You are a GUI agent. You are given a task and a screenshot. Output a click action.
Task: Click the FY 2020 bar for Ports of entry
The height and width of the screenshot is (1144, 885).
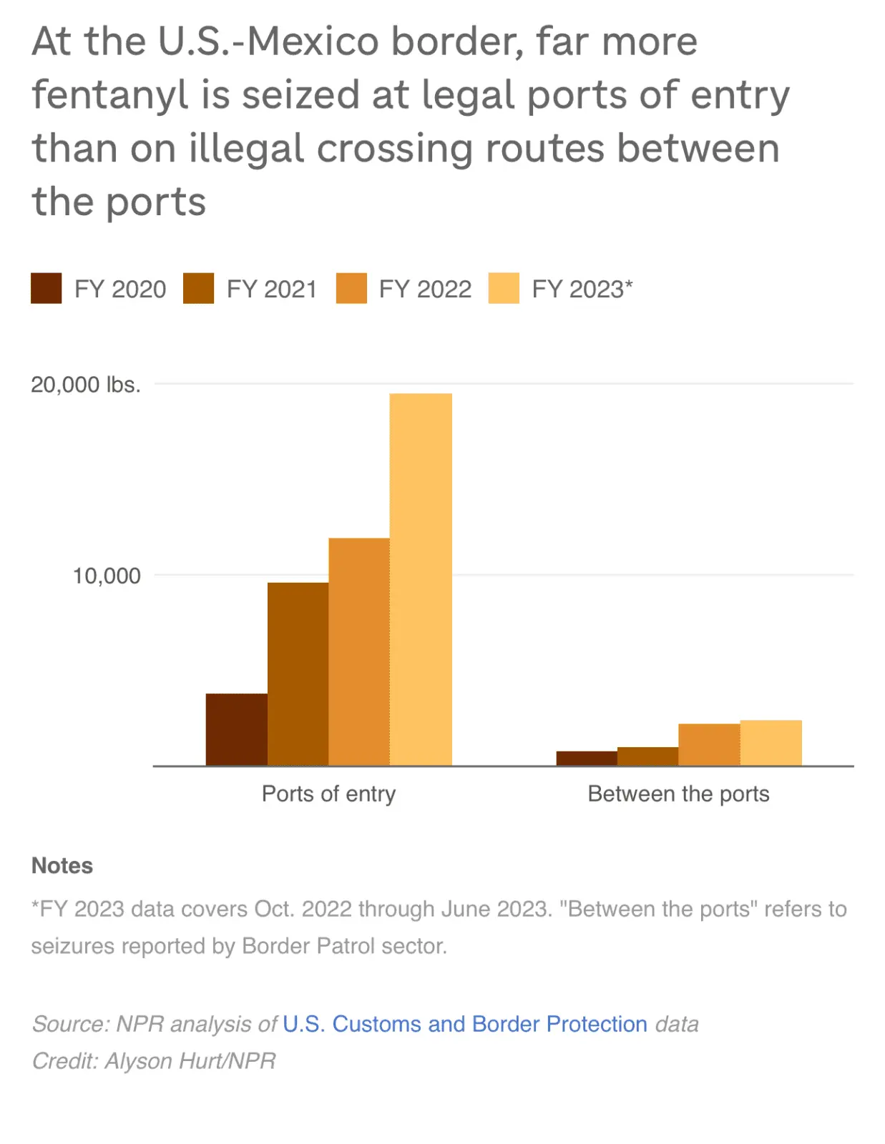(x=236, y=729)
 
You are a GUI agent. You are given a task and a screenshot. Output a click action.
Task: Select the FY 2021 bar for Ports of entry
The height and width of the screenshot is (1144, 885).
(x=298, y=674)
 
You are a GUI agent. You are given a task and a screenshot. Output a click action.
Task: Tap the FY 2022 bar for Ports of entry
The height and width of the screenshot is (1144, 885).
(x=359, y=651)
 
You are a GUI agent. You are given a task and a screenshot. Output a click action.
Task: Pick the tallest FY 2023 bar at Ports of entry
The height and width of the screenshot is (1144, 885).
(x=421, y=579)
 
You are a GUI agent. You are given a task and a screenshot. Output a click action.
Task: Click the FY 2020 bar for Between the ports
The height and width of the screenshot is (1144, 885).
(x=587, y=759)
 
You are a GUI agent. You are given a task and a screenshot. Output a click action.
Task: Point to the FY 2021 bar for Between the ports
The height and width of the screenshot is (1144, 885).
(x=647, y=756)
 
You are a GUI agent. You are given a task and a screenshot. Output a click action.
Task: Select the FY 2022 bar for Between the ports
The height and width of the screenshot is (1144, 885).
(x=709, y=744)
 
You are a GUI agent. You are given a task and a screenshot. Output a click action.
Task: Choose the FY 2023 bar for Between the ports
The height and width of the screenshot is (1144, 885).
(x=771, y=743)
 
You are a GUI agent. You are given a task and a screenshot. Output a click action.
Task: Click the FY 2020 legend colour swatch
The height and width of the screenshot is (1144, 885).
(x=47, y=288)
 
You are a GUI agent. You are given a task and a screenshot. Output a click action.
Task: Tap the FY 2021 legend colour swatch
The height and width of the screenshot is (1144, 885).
(x=198, y=288)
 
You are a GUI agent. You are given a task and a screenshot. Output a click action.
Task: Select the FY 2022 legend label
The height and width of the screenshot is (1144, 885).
(x=425, y=289)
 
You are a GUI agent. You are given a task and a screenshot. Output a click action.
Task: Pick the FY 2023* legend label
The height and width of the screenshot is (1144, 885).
(x=582, y=289)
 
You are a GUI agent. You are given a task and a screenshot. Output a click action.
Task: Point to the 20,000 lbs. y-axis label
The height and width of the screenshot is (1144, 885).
(x=86, y=385)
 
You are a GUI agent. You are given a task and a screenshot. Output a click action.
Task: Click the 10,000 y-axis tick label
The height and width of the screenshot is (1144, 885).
(x=107, y=576)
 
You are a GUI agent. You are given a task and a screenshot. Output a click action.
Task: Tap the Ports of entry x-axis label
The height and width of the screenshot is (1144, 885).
(x=328, y=794)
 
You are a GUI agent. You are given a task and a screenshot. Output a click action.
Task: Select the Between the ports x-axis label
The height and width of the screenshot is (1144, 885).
(x=678, y=794)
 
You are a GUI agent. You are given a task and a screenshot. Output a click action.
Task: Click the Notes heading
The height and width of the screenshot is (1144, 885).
(x=62, y=865)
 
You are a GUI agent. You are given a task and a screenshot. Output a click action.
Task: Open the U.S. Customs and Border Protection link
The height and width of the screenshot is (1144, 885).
(x=465, y=1024)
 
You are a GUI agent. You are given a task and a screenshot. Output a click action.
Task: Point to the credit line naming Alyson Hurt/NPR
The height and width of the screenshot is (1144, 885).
(x=154, y=1060)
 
